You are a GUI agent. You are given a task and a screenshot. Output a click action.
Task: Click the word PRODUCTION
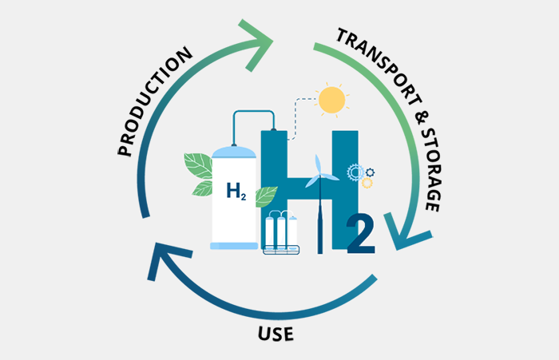click(x=157, y=101)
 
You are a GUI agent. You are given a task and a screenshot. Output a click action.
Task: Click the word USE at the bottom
click(x=276, y=331)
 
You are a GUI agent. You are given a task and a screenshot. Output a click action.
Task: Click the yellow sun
click(x=331, y=99)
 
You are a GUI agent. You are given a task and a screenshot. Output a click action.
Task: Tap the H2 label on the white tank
click(x=235, y=192)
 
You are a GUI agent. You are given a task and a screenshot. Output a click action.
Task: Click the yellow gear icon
click(x=367, y=183)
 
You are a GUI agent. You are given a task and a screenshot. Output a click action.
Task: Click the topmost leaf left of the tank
click(x=197, y=165)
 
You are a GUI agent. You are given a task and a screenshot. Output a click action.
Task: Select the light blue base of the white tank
click(x=234, y=246)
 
